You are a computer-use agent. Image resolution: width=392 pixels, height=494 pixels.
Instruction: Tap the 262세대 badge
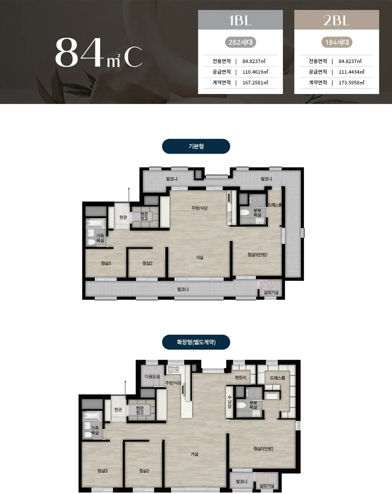[240, 42]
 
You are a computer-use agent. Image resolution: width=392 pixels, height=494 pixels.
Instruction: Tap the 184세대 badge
[337, 42]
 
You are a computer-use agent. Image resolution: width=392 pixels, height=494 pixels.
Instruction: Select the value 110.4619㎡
[255, 72]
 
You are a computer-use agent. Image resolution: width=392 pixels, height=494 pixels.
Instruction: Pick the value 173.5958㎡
[351, 83]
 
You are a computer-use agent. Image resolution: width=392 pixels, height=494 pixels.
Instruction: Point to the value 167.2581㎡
[255, 83]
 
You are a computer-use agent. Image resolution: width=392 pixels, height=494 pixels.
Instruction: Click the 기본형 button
[196, 146]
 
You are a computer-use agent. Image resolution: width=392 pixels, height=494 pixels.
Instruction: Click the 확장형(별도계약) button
[196, 342]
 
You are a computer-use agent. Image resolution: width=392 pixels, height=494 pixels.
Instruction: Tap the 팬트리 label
[240, 378]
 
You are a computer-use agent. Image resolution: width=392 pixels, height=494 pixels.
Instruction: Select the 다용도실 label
[152, 377]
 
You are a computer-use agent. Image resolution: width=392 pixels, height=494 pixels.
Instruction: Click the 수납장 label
[229, 402]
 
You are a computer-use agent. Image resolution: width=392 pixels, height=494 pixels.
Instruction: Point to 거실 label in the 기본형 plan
[200, 257]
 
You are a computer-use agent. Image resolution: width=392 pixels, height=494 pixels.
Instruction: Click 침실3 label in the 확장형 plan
[103, 471]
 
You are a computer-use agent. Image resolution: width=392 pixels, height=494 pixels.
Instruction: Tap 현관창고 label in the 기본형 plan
[144, 216]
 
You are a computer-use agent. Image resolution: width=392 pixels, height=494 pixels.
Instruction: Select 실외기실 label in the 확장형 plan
[267, 486]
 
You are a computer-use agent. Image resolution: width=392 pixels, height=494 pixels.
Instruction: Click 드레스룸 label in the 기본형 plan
[275, 205]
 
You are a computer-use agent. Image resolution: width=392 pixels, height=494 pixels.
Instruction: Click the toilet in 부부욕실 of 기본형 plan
[245, 212]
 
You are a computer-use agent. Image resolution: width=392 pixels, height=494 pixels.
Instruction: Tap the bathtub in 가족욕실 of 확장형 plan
[92, 415]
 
